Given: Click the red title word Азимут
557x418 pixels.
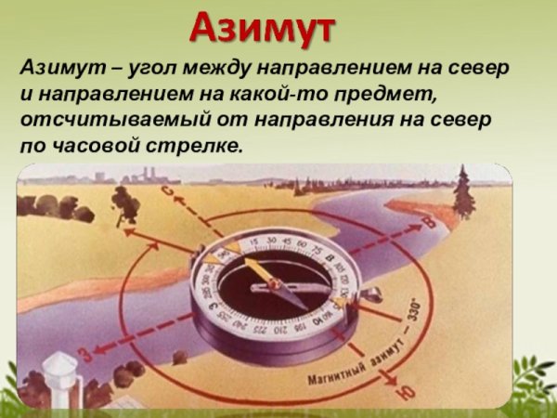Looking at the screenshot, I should (x=262, y=29).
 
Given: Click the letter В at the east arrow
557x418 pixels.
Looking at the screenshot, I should (x=429, y=221).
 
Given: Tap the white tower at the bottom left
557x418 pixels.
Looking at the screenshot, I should (x=61, y=377).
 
